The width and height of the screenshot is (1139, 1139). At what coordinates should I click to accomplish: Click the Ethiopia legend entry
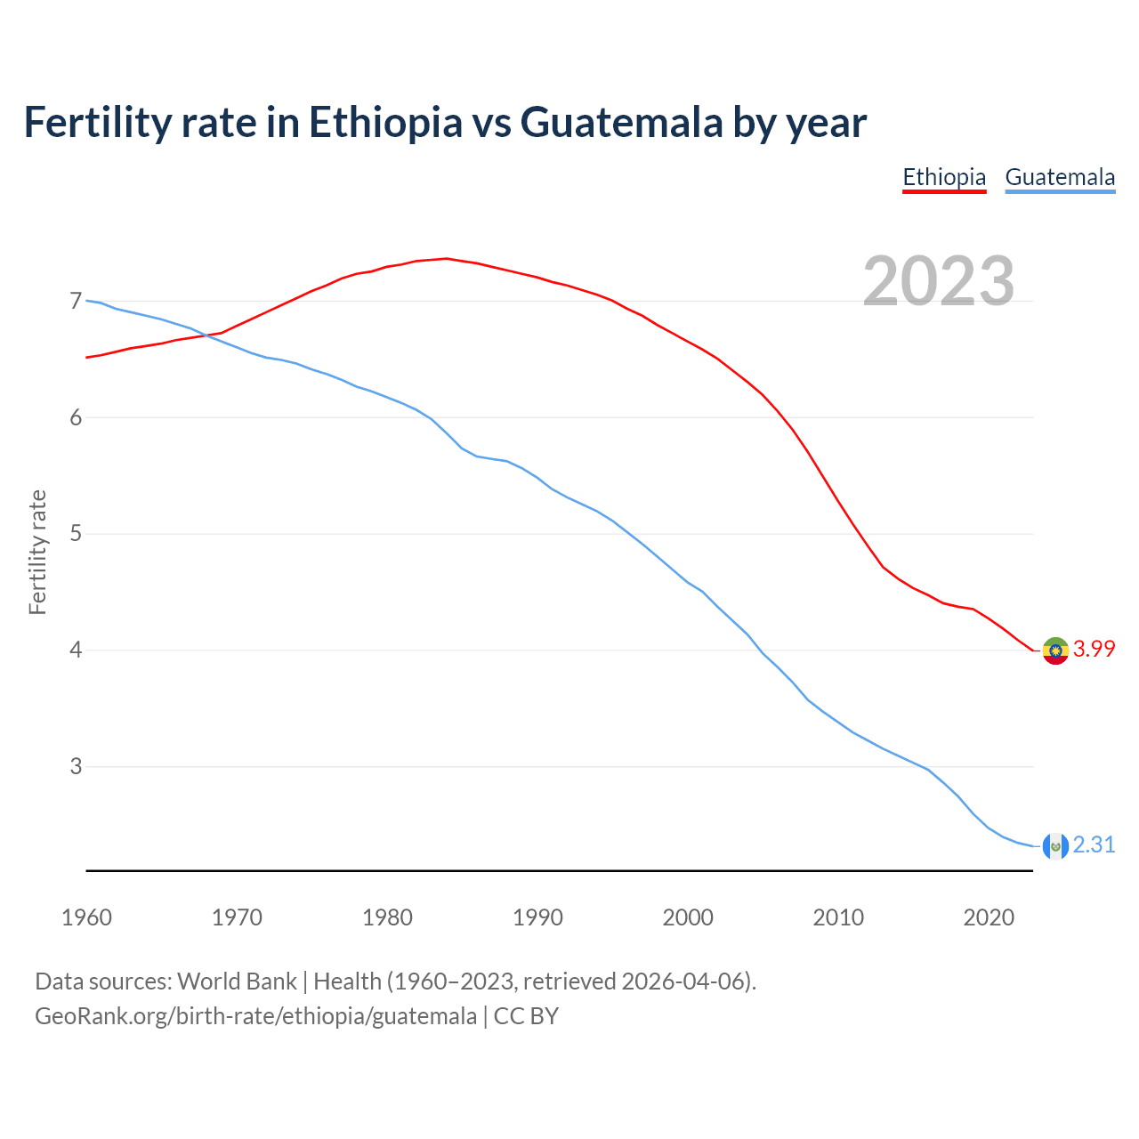coord(944,177)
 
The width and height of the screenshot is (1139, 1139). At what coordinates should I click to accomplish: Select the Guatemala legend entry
coord(1060,177)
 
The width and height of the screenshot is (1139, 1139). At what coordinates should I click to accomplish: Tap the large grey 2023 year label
coord(939,281)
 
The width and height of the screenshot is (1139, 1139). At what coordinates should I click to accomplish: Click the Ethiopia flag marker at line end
coord(1055,650)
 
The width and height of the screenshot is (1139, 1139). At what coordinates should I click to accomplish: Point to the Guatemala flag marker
coord(1055,846)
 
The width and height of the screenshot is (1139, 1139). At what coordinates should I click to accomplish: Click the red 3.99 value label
coord(1094,650)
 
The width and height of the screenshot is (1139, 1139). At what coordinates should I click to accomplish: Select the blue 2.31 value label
coord(1094,845)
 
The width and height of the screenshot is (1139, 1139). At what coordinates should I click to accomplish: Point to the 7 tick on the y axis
coord(75,302)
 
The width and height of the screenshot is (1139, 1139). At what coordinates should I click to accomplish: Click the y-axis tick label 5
coord(75,534)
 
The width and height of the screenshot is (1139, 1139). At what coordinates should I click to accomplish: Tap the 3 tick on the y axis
coord(75,766)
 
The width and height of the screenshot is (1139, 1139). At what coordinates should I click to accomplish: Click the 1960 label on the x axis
coord(86,917)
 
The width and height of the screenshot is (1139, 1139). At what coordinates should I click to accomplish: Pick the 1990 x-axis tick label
coord(537,917)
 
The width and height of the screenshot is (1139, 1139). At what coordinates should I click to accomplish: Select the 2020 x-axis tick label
coord(989,917)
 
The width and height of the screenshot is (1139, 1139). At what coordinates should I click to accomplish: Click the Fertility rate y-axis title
coord(37,552)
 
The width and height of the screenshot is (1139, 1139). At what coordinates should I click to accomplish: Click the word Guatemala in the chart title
coord(622,122)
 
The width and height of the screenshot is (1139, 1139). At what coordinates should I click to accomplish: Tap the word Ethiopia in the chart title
coord(385,122)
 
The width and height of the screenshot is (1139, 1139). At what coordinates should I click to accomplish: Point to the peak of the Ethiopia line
coord(446,259)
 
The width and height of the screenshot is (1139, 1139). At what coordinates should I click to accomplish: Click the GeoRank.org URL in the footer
coord(255,1016)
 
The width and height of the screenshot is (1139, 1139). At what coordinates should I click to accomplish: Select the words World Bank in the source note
coord(237,981)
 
